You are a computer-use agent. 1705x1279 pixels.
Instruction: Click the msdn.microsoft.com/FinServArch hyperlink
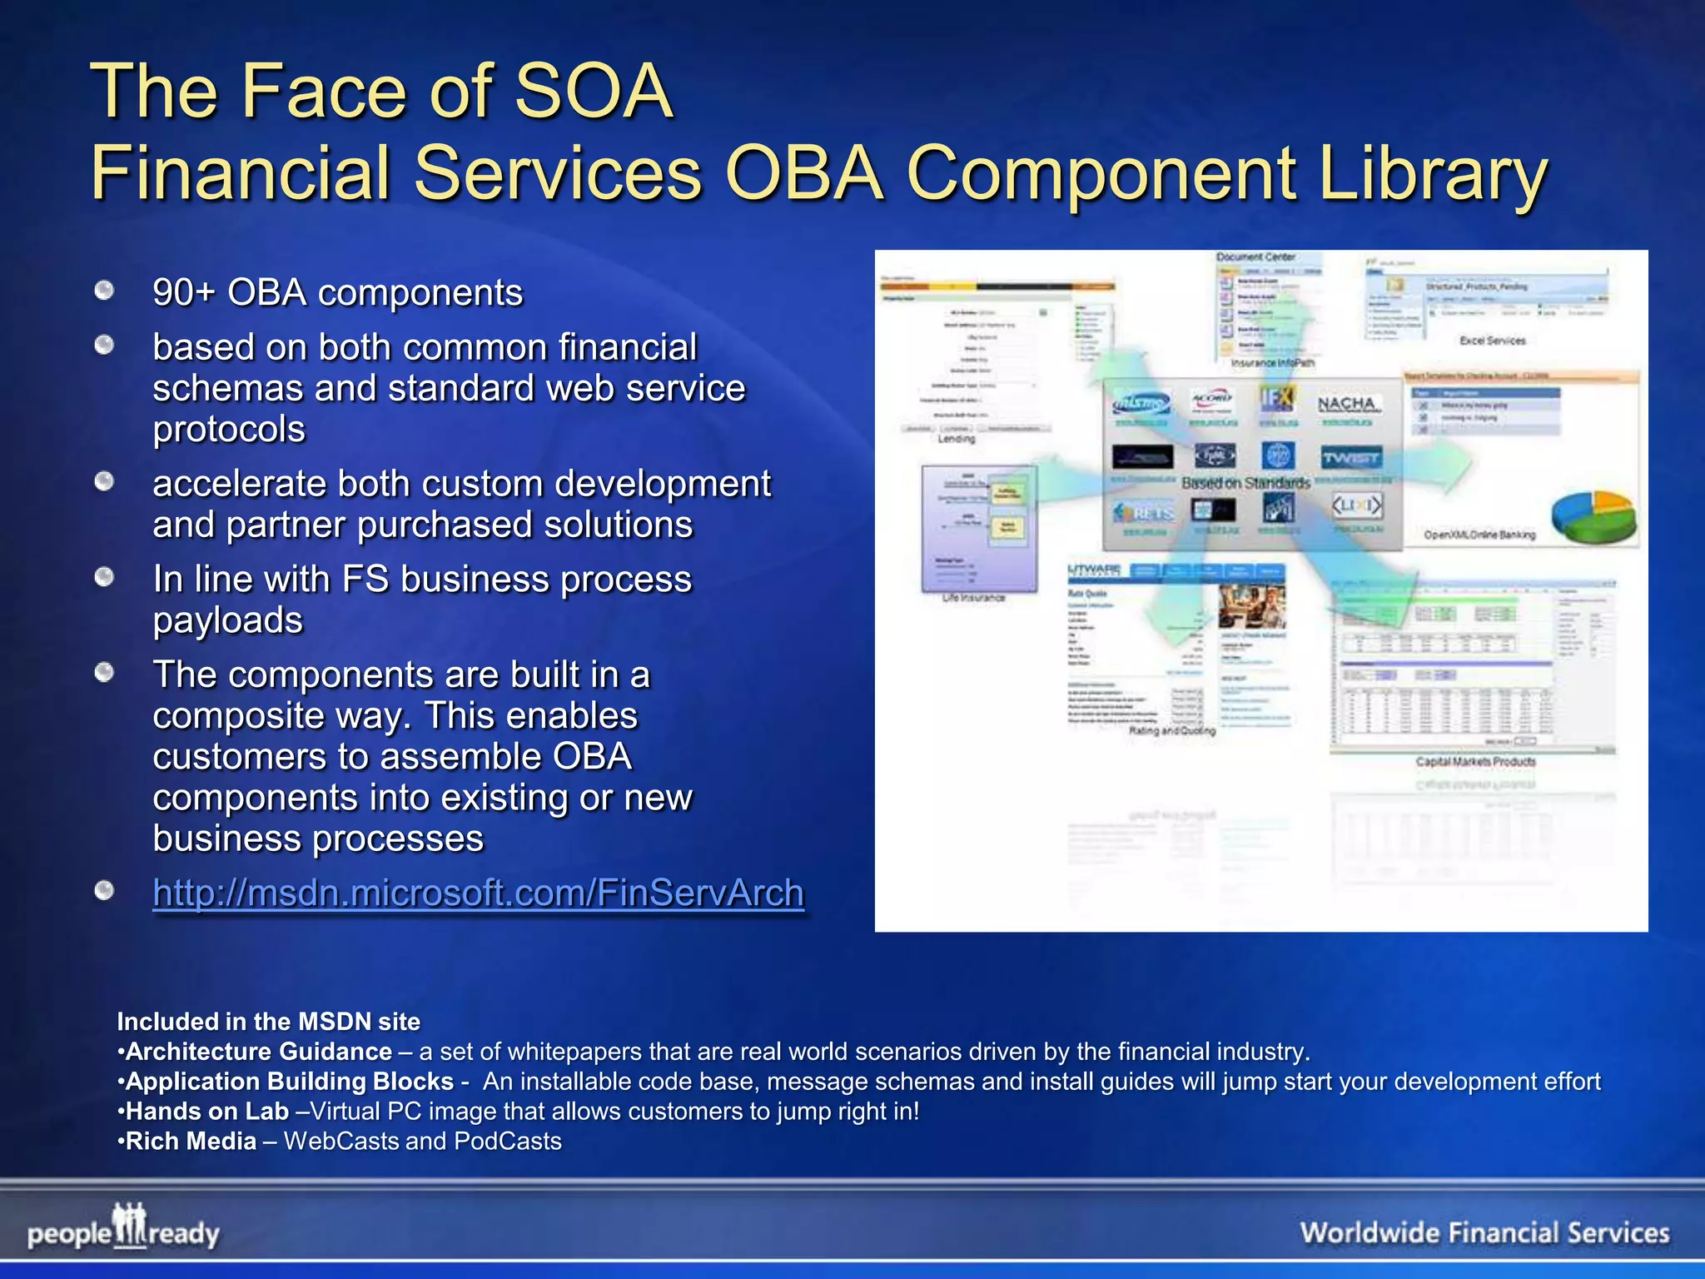tap(478, 893)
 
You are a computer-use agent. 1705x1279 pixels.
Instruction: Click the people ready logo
tap(123, 1228)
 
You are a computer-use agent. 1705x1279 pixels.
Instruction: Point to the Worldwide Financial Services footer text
tap(1484, 1232)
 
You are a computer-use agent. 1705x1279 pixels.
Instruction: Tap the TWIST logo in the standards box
tap(1350, 457)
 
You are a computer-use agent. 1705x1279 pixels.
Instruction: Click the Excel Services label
tap(1492, 341)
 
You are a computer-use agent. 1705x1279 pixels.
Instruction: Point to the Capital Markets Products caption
tap(1475, 762)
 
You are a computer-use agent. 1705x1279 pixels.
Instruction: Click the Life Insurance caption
tap(973, 598)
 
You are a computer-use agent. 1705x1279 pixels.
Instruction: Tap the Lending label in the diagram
tap(956, 439)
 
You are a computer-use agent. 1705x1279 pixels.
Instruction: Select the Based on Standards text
tap(1245, 483)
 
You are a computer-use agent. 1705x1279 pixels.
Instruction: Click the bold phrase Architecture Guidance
tap(258, 1052)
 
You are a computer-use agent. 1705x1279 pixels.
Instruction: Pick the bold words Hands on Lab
tap(206, 1112)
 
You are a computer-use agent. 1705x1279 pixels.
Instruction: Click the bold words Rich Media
tap(191, 1142)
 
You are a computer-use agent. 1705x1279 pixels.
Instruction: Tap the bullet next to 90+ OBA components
tap(104, 291)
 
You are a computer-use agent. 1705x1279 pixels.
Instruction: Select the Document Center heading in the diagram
tap(1255, 257)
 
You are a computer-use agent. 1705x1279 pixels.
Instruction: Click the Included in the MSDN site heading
tap(268, 1022)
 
